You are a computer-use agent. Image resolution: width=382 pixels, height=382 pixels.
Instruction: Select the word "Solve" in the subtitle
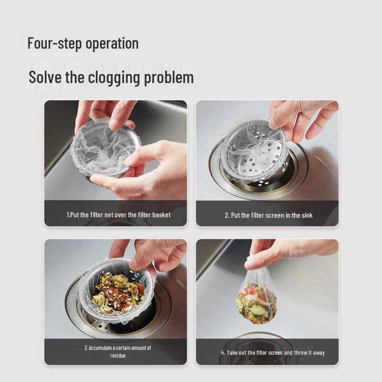coord(45,77)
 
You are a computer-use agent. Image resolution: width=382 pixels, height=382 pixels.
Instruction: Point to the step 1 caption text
coord(118,215)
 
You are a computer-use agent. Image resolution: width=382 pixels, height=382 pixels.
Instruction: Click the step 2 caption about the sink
coord(268,215)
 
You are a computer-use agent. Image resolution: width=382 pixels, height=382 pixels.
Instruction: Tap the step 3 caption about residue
coord(117,351)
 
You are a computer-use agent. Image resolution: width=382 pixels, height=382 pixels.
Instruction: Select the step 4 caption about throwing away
coord(272,352)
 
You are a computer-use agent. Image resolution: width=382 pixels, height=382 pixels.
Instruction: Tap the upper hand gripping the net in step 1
coord(105,112)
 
